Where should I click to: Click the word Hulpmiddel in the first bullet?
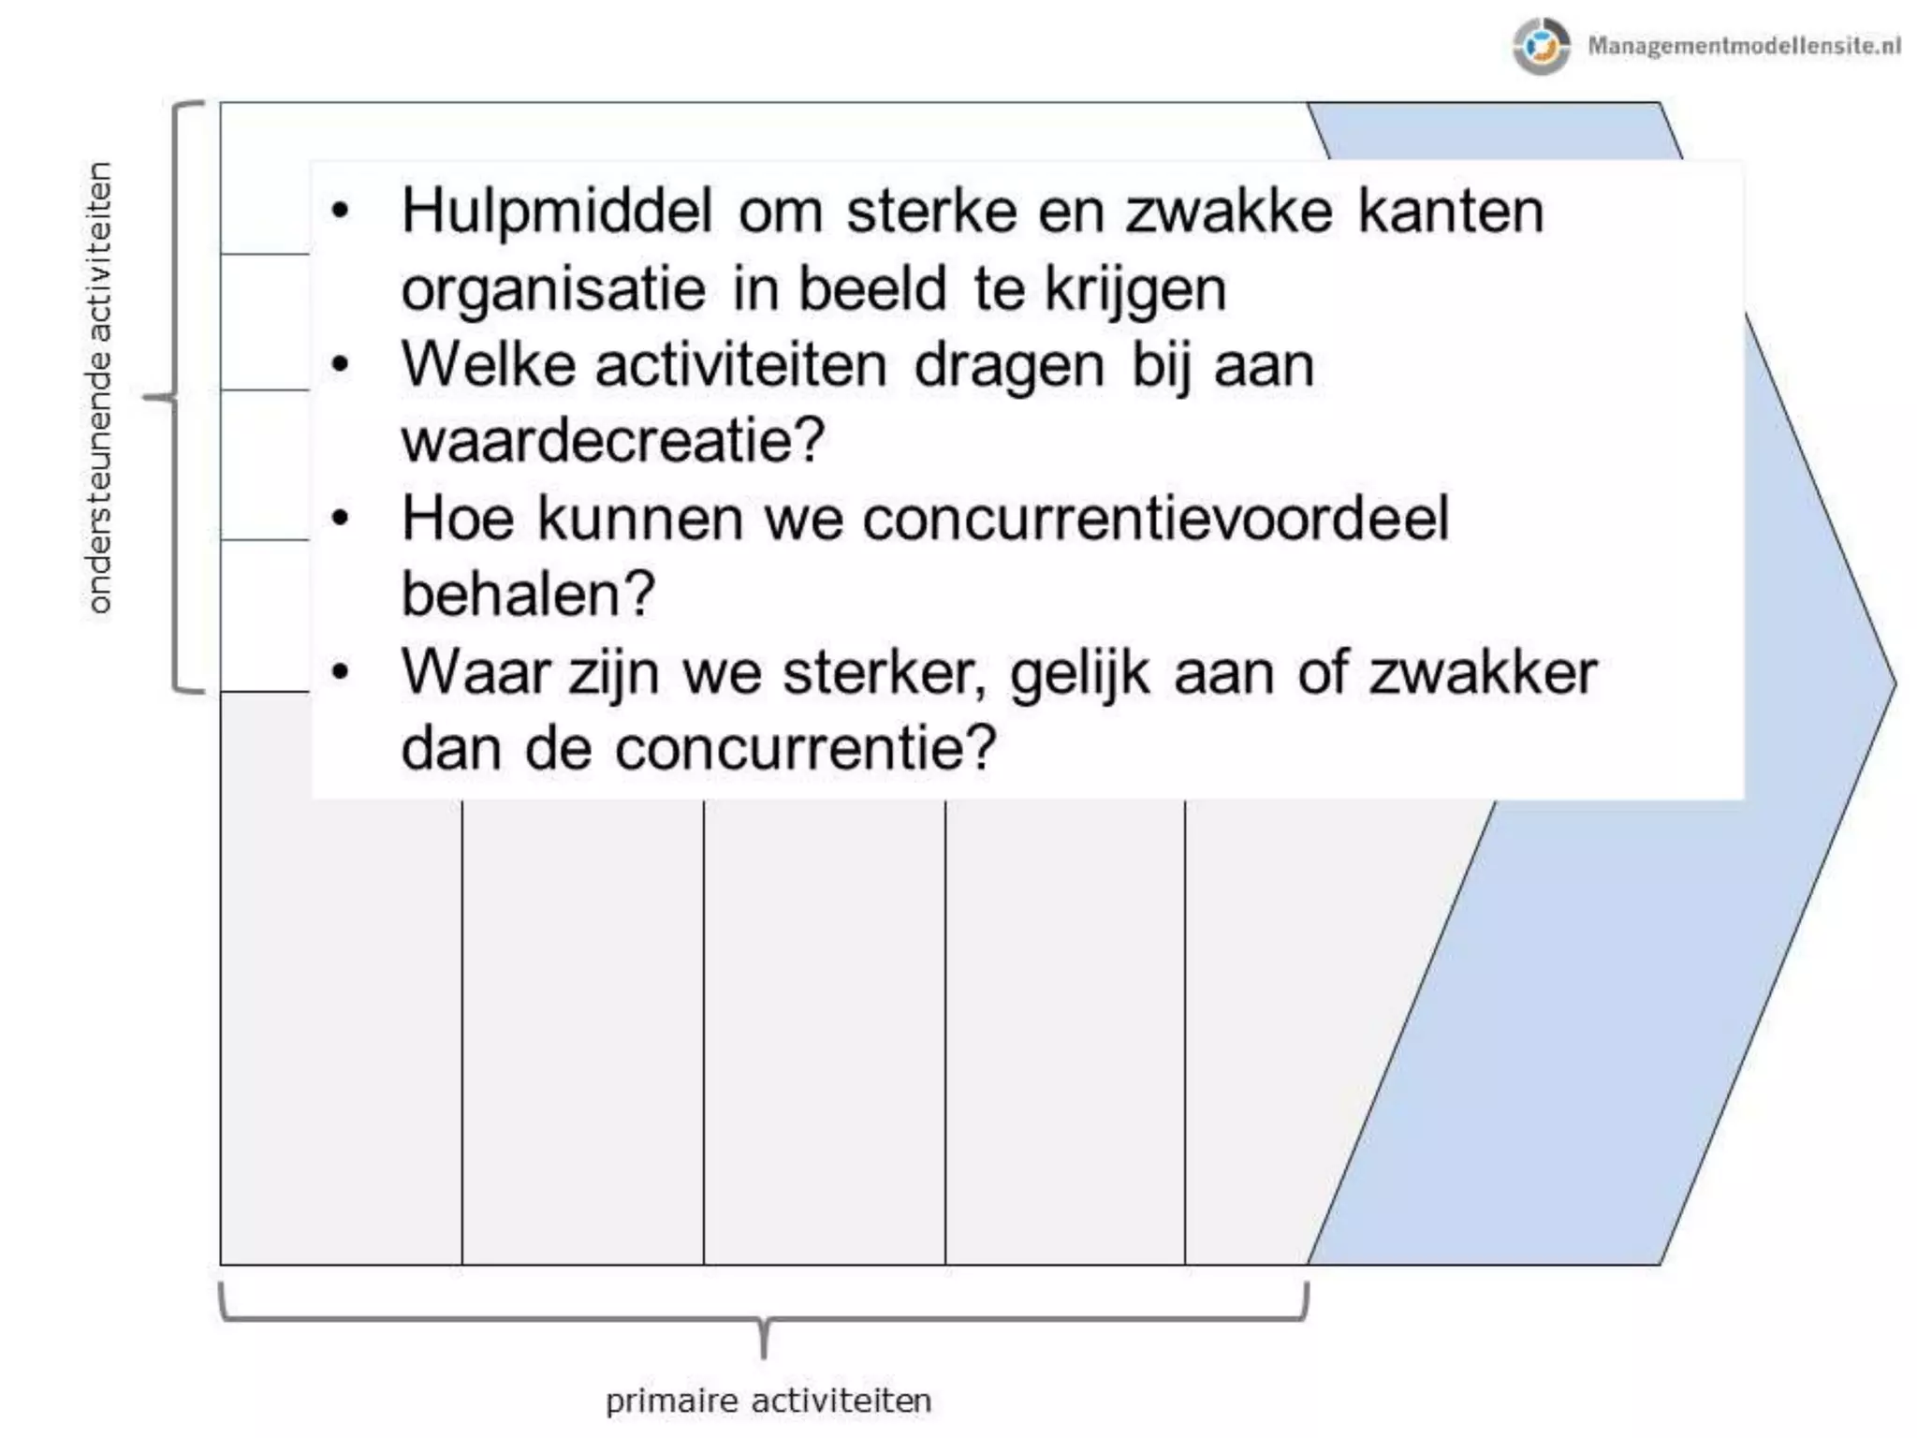click(557, 212)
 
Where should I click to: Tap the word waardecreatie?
click(613, 440)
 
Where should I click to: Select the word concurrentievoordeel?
click(1155, 518)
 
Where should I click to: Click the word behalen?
click(528, 594)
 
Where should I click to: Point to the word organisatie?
click(553, 289)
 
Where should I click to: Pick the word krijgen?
click(1134, 290)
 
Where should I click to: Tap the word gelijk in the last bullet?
click(1079, 673)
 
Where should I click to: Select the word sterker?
click(885, 673)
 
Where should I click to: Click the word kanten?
click(1450, 212)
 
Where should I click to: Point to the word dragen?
click(1009, 366)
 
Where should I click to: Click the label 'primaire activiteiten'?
click(768, 1401)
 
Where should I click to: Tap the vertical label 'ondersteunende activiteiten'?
click(99, 389)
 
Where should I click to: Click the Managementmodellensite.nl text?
click(1743, 45)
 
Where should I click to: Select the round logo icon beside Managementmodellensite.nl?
click(1541, 45)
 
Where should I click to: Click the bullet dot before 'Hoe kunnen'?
click(341, 518)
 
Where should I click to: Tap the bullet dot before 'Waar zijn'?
click(341, 671)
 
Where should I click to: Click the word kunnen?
click(639, 518)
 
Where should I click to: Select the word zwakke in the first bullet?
click(1228, 212)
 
